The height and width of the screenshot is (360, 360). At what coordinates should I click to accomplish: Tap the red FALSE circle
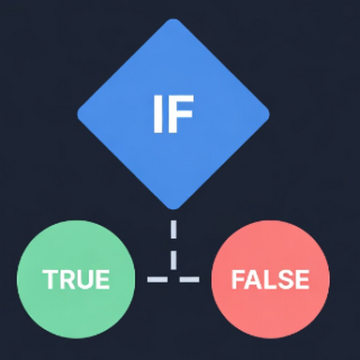(270, 279)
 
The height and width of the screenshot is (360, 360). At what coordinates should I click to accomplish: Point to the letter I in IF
(157, 113)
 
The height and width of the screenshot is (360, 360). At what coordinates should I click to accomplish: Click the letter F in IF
(182, 113)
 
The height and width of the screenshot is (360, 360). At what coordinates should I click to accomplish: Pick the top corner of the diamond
(173, 21)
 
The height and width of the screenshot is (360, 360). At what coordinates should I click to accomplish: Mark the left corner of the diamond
(78, 114)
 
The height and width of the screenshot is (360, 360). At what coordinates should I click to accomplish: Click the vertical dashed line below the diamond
(173, 246)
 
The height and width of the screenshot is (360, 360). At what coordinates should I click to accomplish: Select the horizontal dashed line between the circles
(173, 279)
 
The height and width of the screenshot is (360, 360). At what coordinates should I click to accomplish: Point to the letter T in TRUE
(49, 279)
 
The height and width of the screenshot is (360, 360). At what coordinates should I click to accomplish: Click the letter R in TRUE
(65, 279)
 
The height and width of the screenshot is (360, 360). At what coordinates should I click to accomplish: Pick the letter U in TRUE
(82, 279)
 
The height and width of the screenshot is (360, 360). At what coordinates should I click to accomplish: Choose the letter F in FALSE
(237, 279)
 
